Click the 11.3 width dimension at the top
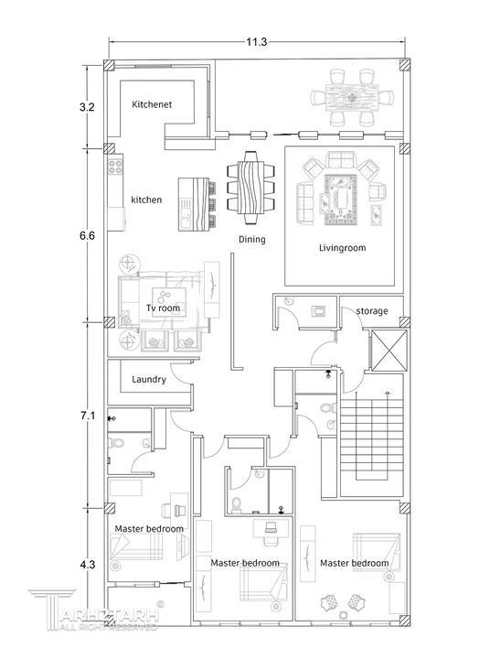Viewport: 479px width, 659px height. click(x=257, y=41)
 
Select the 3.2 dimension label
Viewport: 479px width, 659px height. click(x=87, y=107)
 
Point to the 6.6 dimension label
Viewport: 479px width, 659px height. click(x=87, y=235)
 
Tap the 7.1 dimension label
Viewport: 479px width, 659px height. click(x=88, y=416)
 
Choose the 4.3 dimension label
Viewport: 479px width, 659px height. click(x=88, y=565)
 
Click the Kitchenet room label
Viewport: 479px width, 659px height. click(x=152, y=104)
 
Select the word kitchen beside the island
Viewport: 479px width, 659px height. click(x=146, y=200)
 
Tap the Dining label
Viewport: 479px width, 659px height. click(x=252, y=240)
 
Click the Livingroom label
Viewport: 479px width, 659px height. click(x=342, y=248)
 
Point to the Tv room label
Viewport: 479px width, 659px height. click(x=163, y=308)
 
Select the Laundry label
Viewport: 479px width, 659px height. click(x=149, y=380)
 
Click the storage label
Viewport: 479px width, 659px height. click(x=371, y=311)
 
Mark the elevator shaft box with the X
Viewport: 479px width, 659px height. click(x=389, y=351)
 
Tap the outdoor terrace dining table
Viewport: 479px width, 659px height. click(x=351, y=98)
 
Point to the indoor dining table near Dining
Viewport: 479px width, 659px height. click(x=250, y=183)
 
